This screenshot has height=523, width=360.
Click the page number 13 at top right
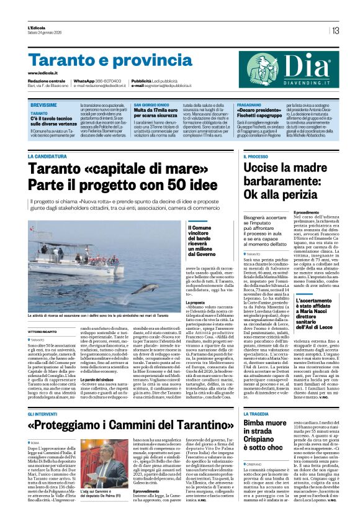(x=335, y=30)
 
